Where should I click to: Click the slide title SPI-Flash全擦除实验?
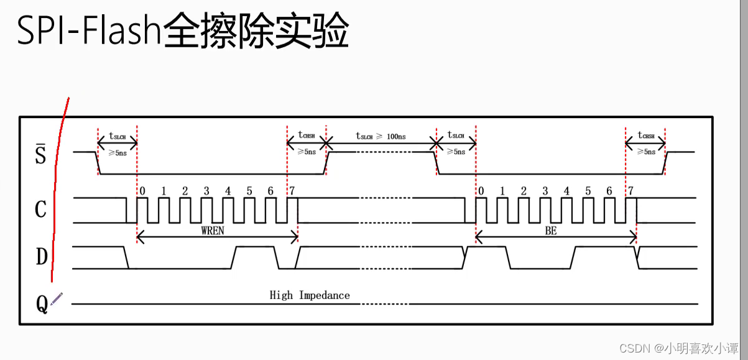pos(182,32)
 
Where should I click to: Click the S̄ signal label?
pos(40,154)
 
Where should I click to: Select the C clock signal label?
pos(40,210)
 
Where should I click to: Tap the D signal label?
pos(41,256)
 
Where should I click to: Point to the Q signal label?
pos(42,305)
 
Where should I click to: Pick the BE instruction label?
pos(551,231)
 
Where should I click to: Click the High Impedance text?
pos(310,295)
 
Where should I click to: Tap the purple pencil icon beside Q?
pos(57,299)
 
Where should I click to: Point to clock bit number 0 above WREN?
pos(142,191)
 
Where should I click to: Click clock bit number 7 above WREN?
pos(291,191)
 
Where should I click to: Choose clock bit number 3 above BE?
pos(545,191)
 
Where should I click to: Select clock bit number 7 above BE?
pos(630,191)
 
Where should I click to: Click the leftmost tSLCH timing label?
pos(118,136)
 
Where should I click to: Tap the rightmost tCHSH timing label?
pos(646,136)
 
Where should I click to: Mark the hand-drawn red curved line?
pos(57,187)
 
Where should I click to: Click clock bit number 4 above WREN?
pos(228,191)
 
